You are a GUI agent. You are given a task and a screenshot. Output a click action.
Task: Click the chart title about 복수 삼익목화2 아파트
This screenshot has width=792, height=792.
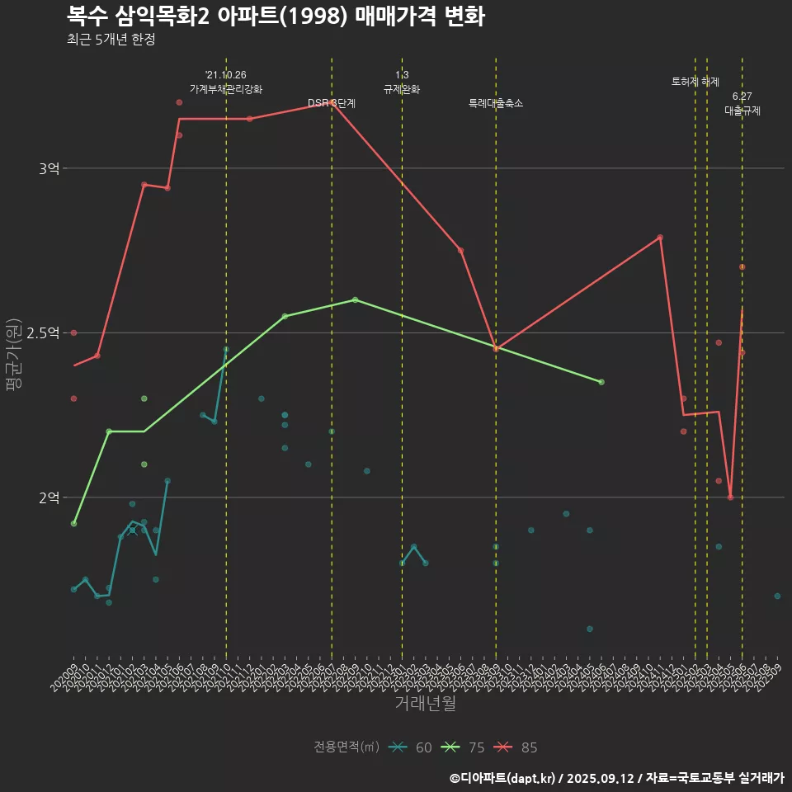click(x=276, y=16)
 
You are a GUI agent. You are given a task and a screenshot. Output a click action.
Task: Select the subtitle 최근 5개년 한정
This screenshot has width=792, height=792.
click(x=111, y=40)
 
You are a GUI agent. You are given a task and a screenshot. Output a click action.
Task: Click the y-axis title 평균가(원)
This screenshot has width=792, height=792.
click(x=14, y=356)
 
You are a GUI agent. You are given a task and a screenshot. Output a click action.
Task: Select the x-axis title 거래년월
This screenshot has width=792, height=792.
click(x=425, y=703)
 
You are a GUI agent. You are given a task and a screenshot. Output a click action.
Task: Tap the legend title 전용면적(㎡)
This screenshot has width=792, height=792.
click(x=346, y=747)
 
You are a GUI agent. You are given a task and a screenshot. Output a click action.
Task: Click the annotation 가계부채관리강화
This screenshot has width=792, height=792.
click(x=225, y=89)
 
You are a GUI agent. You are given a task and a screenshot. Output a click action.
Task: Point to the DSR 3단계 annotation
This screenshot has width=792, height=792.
click(x=332, y=103)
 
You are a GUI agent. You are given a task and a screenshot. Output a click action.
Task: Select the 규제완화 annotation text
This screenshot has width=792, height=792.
click(x=402, y=89)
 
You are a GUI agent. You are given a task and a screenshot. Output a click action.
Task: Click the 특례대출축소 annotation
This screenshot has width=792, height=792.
click(x=496, y=103)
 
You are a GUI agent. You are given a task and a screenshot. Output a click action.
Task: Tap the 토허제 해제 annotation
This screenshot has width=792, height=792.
click(x=695, y=82)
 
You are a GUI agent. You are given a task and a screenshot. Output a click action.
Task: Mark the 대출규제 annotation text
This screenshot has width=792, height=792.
click(x=742, y=111)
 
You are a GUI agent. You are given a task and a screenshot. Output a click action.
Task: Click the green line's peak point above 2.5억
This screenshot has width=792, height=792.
click(x=355, y=299)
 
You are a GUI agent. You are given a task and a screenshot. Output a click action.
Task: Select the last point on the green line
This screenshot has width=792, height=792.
click(x=601, y=382)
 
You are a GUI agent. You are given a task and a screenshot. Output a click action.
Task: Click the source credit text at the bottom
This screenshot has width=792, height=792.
click(x=617, y=778)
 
